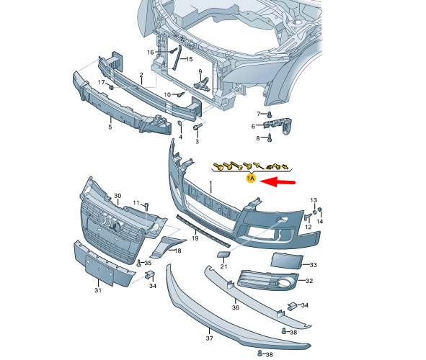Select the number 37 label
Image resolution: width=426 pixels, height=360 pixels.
[210, 337]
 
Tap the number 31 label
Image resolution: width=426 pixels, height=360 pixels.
[99, 291]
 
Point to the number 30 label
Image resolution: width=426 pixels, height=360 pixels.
[117, 196]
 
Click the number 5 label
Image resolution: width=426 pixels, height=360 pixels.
[110, 127]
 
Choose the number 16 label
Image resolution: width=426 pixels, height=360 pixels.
[151, 52]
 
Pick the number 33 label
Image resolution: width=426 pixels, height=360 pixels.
[312, 265]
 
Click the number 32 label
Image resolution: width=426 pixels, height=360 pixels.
[309, 281]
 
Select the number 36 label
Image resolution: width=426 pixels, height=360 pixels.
[235, 307]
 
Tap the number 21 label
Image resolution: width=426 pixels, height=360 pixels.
[223, 266]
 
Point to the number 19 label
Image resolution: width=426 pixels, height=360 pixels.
[194, 238]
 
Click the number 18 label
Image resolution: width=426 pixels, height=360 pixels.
[177, 251]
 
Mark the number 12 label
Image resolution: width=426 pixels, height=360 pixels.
[308, 227]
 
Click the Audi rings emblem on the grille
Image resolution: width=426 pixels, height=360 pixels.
[108, 221]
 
